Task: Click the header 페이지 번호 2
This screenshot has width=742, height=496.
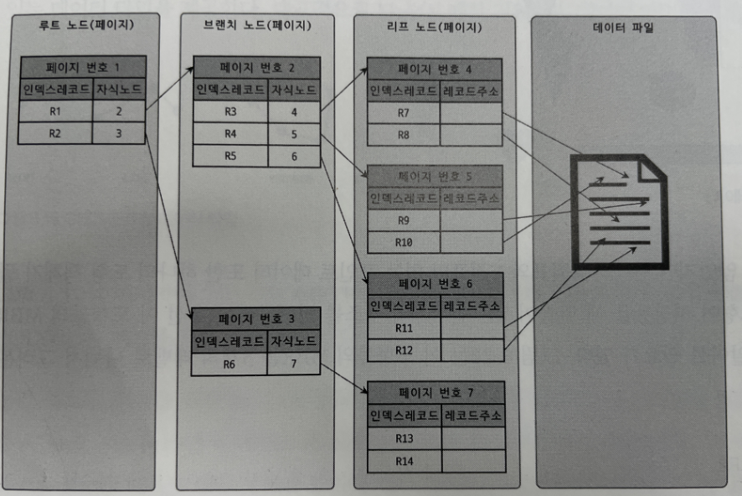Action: coord(256,68)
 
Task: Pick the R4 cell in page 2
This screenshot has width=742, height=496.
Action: coord(231,134)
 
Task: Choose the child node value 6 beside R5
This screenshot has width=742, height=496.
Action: coord(294,156)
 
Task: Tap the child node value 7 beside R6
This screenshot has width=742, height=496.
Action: coord(293,363)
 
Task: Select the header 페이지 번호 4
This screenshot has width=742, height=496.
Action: coord(435,70)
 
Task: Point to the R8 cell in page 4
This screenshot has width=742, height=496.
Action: coord(404,135)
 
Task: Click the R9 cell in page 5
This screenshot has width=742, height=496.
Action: coord(404,220)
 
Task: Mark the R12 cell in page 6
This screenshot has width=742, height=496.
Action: coord(404,350)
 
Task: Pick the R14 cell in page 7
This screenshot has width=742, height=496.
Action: coord(404,459)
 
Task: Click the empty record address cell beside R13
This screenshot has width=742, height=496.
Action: coord(472,437)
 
